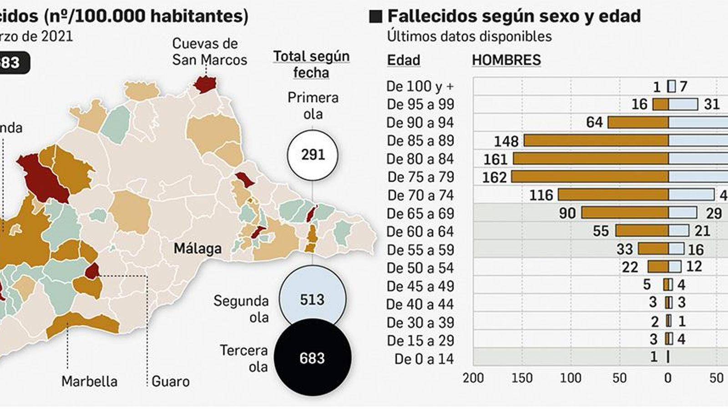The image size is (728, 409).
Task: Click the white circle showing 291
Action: point(313,155)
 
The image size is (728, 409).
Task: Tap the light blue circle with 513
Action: point(312,299)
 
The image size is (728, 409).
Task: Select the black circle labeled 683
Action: point(312,358)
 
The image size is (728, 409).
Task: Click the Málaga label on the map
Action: point(197,249)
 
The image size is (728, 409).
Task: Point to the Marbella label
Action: point(89,381)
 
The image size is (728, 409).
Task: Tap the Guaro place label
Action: point(171,381)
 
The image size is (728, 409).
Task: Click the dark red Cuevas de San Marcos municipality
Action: point(205,85)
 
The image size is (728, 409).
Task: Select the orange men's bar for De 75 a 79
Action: point(590,177)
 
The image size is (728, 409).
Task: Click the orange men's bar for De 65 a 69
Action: point(625,213)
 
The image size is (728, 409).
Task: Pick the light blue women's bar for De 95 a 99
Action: point(683,104)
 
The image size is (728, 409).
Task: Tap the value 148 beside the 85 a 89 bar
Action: point(506,141)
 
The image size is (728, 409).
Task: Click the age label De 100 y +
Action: point(420,86)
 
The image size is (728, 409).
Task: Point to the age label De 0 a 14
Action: point(424,359)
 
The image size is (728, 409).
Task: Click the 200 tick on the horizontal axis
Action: point(473,378)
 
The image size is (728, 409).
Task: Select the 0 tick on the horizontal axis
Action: point(668,378)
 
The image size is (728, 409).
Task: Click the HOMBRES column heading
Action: point(506,60)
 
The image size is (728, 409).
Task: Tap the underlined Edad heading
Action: point(403,60)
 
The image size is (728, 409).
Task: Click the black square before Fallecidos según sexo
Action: point(376,17)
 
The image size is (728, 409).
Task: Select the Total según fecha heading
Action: point(311,64)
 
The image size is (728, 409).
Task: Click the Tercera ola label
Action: point(243,358)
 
